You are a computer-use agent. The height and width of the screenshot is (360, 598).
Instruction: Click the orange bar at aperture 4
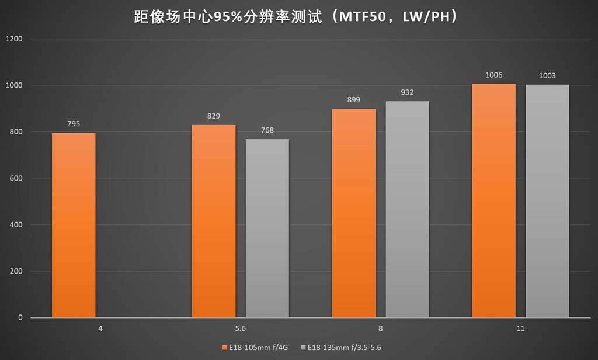[x=74, y=225]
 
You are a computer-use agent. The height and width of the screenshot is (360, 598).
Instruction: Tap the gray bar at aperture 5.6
[x=267, y=228]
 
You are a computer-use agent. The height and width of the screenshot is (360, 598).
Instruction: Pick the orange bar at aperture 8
[x=354, y=213]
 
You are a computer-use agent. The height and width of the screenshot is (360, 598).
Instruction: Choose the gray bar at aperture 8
[x=407, y=209]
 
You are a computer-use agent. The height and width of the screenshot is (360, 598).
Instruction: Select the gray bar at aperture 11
[x=547, y=201]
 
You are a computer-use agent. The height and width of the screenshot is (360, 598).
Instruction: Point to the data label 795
[x=74, y=124]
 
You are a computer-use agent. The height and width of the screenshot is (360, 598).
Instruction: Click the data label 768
[x=267, y=130]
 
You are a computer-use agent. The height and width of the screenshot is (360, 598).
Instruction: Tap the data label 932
[x=407, y=92]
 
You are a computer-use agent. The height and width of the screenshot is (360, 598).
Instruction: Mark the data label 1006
[x=493, y=75]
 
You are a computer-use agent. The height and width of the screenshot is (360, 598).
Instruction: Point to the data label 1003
[x=547, y=75]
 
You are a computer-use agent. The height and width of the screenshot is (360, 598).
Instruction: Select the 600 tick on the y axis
[x=16, y=178]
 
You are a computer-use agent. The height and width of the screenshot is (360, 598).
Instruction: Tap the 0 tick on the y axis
[x=20, y=318]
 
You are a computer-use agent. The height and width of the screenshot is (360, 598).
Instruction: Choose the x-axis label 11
[x=520, y=329]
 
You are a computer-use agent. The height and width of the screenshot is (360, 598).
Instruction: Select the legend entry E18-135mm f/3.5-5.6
[x=345, y=347]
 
